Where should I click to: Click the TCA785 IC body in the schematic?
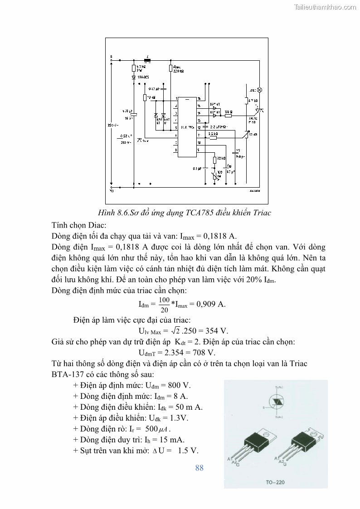pos(187,126)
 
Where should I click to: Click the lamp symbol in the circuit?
pos(260,90)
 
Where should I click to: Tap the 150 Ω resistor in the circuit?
pos(228,116)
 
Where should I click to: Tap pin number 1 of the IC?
pos(175,98)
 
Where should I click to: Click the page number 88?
pos(199,468)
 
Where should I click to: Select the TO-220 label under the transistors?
pos(275,482)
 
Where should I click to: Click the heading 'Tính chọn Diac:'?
pos(78,224)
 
